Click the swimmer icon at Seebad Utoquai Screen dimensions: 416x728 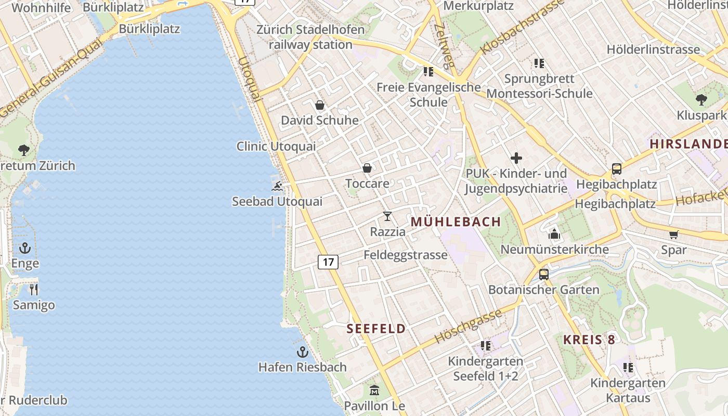pyautogui.click(x=277, y=186)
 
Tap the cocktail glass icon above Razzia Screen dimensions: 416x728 pyautogui.click(x=387, y=216)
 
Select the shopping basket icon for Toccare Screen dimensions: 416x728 pyautogui.click(x=367, y=168)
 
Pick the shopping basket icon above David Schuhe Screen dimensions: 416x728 pyautogui.click(x=320, y=105)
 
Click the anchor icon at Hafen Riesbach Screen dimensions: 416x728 pyautogui.click(x=303, y=352)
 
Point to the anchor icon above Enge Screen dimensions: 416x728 pyautogui.click(x=25, y=248)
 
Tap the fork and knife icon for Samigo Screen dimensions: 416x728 pyautogui.click(x=34, y=290)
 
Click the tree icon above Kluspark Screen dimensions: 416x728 pyautogui.click(x=701, y=100)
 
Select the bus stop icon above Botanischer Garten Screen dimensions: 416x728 pyautogui.click(x=544, y=274)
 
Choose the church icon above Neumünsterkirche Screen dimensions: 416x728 pyautogui.click(x=554, y=234)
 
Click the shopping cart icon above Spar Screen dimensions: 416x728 pyautogui.click(x=674, y=235)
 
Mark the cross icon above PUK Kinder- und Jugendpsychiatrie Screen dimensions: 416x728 pyautogui.click(x=516, y=158)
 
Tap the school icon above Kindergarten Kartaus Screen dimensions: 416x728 pyautogui.click(x=628, y=368)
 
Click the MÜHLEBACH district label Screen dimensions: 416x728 pyautogui.click(x=456, y=222)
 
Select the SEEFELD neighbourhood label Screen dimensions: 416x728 pyautogui.click(x=376, y=329)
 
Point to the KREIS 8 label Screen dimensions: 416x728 pyautogui.click(x=589, y=340)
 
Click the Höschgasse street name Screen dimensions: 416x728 pyautogui.click(x=468, y=326)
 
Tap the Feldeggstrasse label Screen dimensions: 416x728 pyautogui.click(x=406, y=255)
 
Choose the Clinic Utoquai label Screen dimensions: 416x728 pyautogui.click(x=276, y=146)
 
